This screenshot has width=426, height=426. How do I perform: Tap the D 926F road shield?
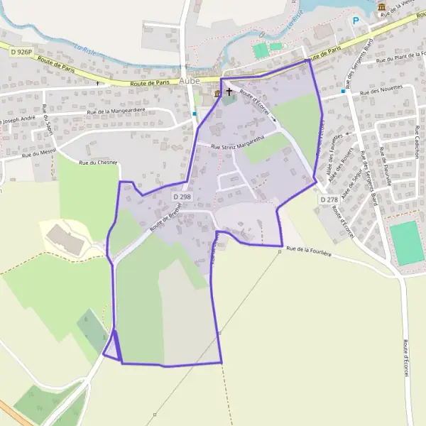pos(22,52)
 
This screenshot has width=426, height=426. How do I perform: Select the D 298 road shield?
pos(182,197)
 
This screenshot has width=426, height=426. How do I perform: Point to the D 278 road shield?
pos(328,200)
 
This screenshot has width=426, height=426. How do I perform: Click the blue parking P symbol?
pos(356,21)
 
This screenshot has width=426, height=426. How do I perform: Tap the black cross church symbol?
pos(229,92)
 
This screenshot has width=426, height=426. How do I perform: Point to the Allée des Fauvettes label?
pos(334,147)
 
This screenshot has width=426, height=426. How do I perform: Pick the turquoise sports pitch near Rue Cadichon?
pos(407,243)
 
